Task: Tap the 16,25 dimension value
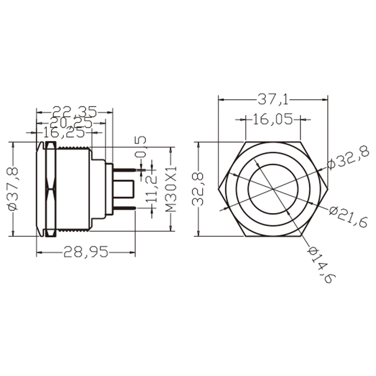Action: click(x=64, y=133)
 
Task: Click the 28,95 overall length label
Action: click(x=86, y=253)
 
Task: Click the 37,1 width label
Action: click(x=273, y=99)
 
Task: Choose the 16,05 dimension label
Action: click(x=273, y=119)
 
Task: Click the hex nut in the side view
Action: click(x=50, y=188)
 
